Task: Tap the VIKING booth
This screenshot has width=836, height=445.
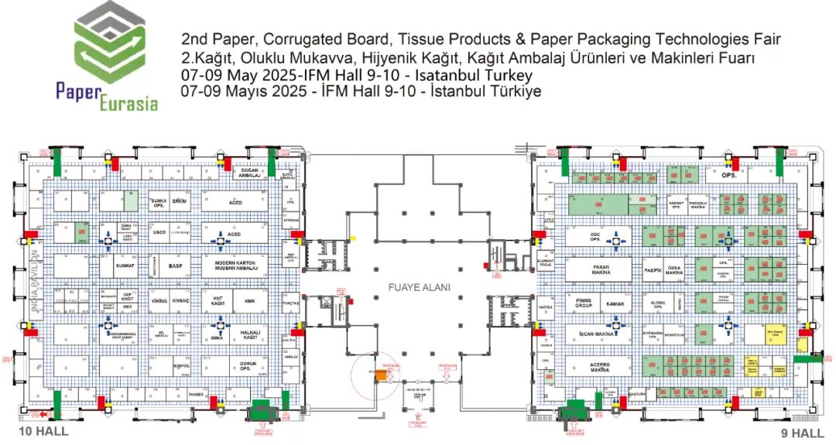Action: coord(159,300)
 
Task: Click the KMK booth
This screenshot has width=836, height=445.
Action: coord(249,300)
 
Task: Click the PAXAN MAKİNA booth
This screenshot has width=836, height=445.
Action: coord(591,269)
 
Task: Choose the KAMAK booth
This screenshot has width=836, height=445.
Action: coord(615,304)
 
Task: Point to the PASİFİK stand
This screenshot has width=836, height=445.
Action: coord(652,270)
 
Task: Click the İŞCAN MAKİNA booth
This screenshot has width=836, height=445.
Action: coord(596,334)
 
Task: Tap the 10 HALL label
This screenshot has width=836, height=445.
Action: coord(43,431)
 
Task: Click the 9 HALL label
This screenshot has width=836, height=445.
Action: coord(802,433)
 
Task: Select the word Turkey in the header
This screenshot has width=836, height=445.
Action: coord(509,76)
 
